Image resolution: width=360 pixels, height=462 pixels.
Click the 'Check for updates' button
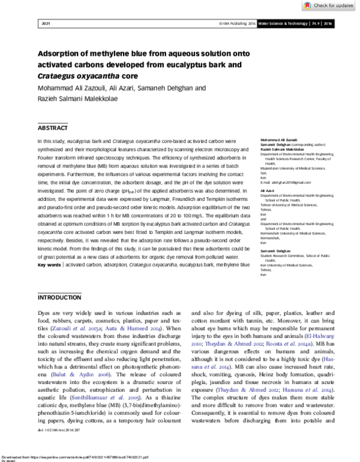click(x=333, y=5)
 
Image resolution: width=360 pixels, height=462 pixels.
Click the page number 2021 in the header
click(x=46, y=23)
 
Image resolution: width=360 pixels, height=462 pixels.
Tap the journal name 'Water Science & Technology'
click(x=284, y=23)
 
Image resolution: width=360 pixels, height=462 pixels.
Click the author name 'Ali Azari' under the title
click(x=114, y=88)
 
